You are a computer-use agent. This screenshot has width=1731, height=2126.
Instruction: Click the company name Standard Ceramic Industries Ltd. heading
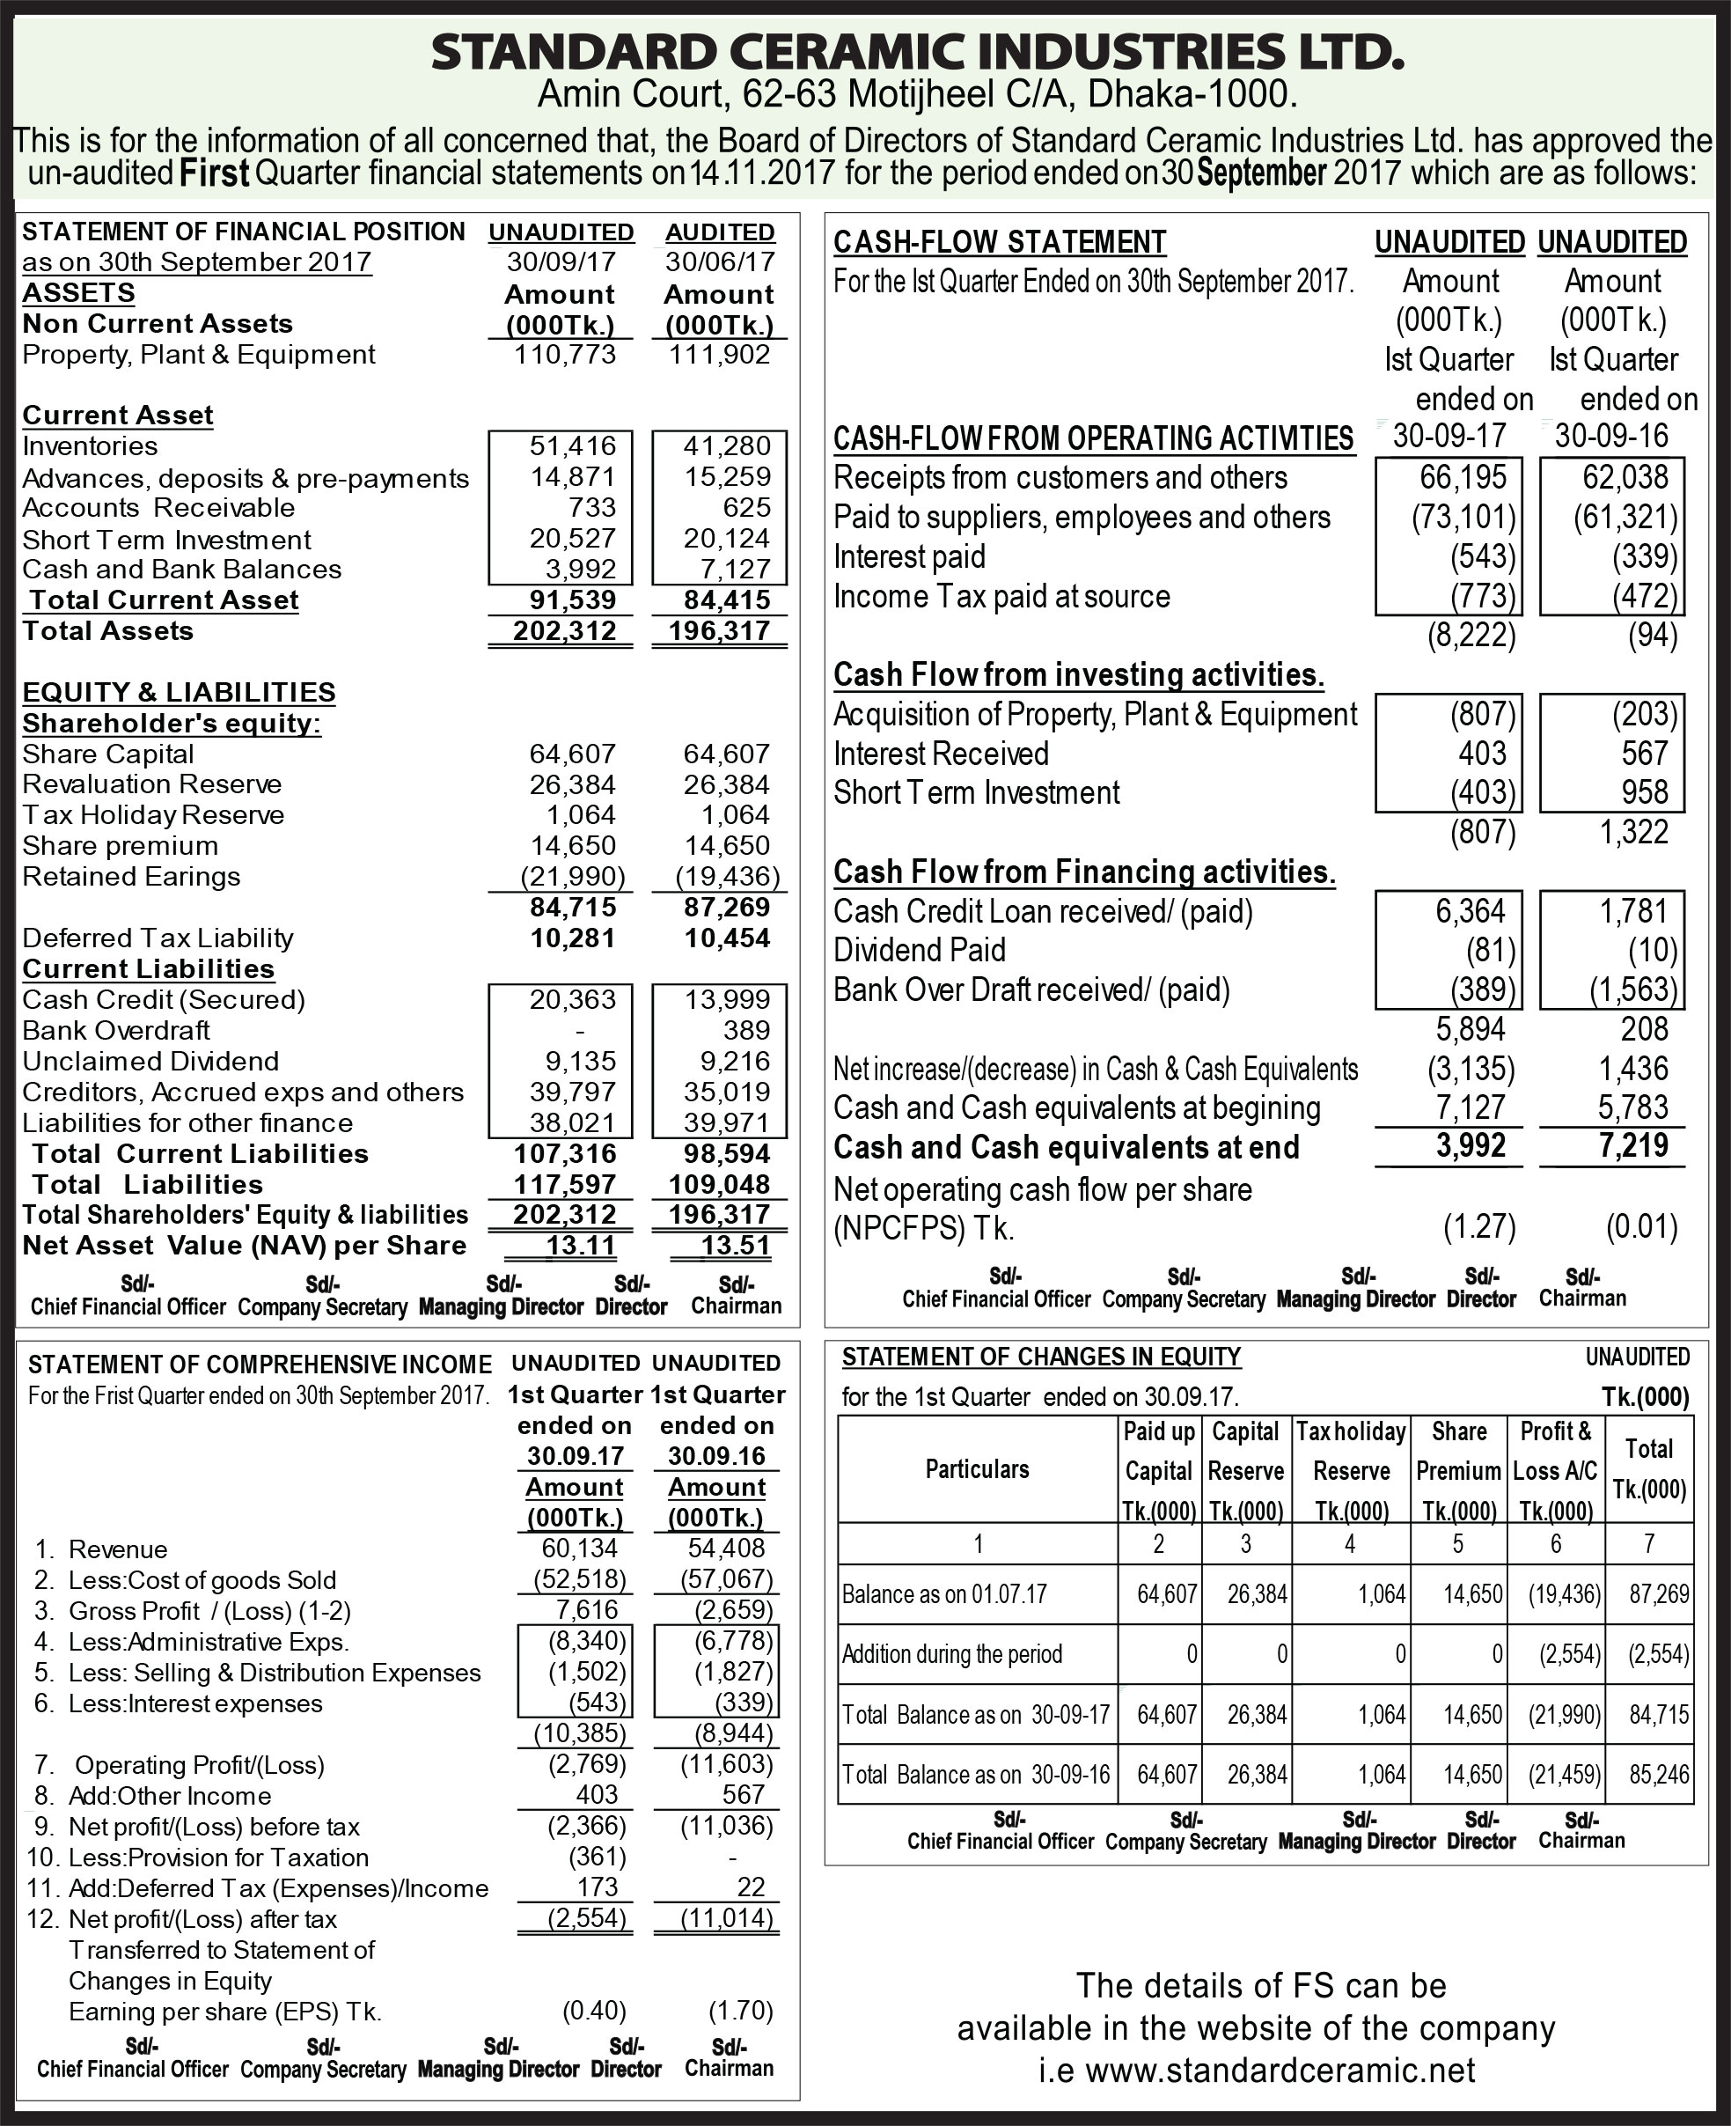point(916,53)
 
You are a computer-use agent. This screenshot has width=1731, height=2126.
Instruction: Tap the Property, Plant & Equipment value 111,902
point(719,355)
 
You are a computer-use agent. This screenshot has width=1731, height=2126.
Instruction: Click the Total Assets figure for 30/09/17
point(564,631)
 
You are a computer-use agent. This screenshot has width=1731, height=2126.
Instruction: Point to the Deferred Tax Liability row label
point(158,938)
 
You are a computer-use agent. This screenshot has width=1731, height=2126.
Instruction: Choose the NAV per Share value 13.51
point(735,1246)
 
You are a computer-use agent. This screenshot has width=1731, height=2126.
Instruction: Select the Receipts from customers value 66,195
point(1463,478)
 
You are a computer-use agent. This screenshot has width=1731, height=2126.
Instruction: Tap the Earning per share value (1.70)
point(740,2012)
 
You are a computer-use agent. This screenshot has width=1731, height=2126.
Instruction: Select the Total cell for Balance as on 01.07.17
point(1659,1593)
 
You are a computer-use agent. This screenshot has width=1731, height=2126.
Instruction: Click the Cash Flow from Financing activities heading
point(1084,872)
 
